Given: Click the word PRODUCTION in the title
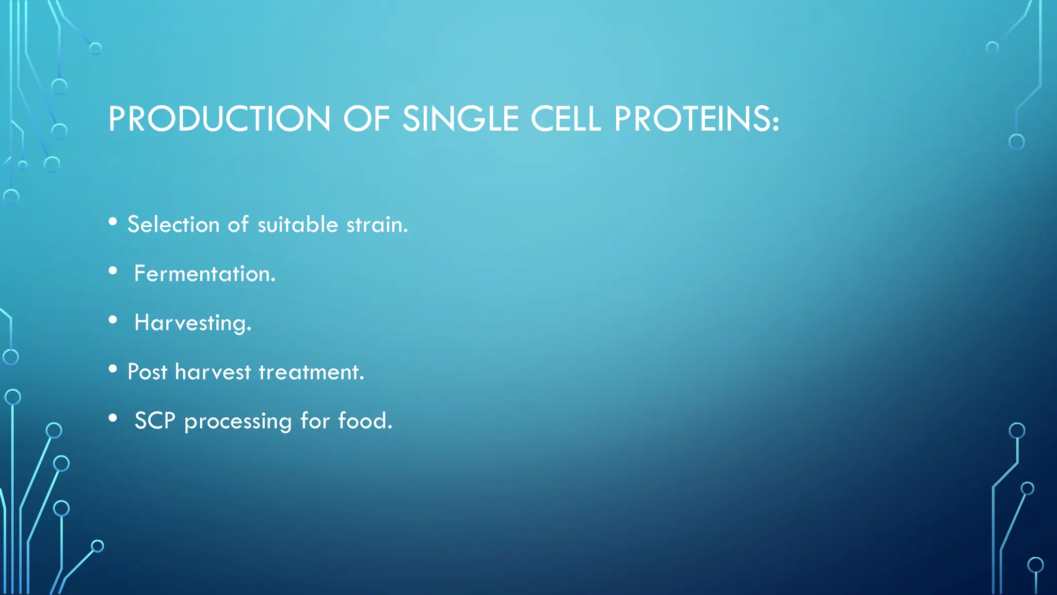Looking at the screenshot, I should [219, 119].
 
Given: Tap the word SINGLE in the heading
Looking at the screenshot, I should [460, 119].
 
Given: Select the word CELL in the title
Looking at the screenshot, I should [566, 119].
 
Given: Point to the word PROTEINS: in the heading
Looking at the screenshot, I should [696, 119].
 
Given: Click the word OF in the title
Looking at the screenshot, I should [366, 119].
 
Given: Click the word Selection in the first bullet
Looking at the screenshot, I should [173, 225].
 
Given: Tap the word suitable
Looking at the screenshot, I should [298, 225].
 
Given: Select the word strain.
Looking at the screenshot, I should [377, 225].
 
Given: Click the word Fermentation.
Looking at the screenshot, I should [205, 274].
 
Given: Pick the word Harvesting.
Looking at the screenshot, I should [193, 323].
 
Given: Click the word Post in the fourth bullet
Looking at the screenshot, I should [147, 372].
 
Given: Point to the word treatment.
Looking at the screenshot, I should [311, 372].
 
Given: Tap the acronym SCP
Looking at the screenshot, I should [155, 421].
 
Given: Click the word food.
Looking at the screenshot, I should [365, 421].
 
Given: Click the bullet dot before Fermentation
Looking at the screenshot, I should [113, 271].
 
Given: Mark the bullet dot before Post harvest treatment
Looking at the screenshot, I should [113, 369].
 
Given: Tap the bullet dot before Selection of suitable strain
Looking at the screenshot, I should [113, 222].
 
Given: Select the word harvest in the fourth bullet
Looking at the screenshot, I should [213, 372].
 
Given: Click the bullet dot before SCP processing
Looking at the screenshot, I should [113, 418].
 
